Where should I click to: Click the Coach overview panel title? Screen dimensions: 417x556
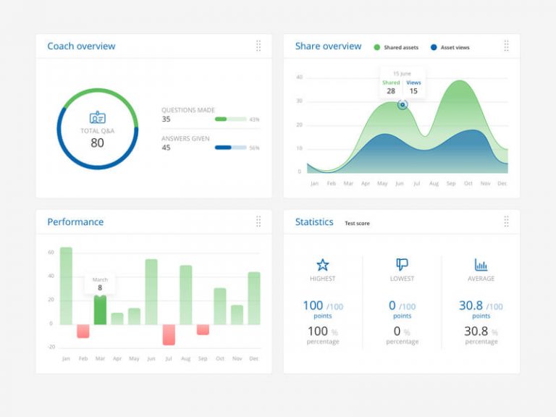pos(81,46)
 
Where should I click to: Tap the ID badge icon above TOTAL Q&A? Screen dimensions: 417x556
pos(97,117)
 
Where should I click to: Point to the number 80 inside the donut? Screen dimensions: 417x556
pos(97,143)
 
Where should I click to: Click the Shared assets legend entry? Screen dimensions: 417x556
pos(396,48)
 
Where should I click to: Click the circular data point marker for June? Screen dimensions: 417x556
pos(403,105)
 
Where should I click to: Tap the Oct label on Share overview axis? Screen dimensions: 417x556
pos(468,184)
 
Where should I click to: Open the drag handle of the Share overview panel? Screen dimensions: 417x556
pos(506,46)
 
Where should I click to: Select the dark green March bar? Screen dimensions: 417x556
pos(100,310)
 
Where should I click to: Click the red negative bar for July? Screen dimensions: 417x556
pos(169,334)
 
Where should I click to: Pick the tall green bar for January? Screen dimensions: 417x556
pos(66,286)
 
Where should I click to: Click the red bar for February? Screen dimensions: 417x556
pos(83,331)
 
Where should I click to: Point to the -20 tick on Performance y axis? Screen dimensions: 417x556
pos(51,347)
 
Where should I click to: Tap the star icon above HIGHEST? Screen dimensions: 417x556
pos(322,265)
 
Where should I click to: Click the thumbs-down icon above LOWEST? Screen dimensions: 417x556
pos(402,265)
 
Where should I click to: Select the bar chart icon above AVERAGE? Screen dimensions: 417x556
pos(481,265)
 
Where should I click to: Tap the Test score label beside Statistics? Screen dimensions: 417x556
pos(357,224)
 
